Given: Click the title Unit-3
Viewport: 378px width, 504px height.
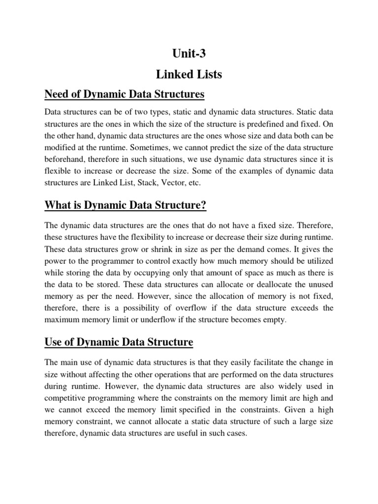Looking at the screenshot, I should [x=189, y=53].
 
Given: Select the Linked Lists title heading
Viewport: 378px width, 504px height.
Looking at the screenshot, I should [x=189, y=74].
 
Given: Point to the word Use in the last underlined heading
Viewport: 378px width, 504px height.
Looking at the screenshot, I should [x=55, y=342].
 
